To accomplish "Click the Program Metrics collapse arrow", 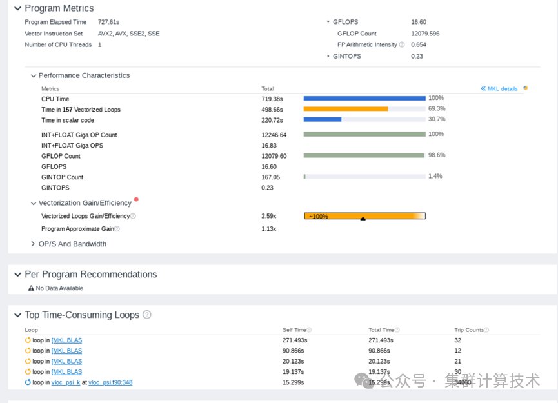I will click(17, 8).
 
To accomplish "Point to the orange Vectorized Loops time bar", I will click(346, 109).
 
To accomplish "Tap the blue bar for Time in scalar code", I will click(322, 119).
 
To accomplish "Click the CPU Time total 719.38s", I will click(272, 99).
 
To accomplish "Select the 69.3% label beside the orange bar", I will click(437, 108).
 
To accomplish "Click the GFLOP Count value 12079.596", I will click(425, 34).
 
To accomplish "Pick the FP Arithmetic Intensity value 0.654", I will click(419, 45).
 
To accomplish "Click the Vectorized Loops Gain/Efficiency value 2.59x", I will click(269, 216).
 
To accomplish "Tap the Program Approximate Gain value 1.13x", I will click(269, 229).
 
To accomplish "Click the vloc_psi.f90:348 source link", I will click(110, 382).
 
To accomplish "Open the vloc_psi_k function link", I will click(66, 382).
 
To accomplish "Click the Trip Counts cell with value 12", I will click(458, 351).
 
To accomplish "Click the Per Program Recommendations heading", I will click(90, 275).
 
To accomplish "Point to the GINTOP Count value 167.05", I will click(271, 177).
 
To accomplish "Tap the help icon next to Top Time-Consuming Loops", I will click(147, 315).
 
